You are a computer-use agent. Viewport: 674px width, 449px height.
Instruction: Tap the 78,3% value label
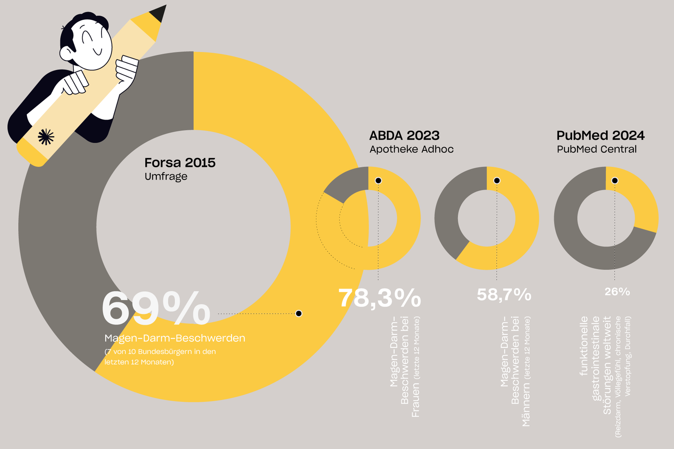[x=380, y=298]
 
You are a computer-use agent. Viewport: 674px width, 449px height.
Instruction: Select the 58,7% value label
[x=504, y=295]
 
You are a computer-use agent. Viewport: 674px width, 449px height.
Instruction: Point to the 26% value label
[x=617, y=292]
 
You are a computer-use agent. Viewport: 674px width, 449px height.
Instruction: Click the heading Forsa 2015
[x=180, y=163]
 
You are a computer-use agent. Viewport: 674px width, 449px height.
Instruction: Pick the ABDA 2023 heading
[x=404, y=136]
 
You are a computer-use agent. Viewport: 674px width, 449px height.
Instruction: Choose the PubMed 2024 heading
[x=600, y=136]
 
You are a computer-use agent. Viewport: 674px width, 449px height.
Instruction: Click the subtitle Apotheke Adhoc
[x=412, y=150]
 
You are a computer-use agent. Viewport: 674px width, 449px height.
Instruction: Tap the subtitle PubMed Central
[x=597, y=150]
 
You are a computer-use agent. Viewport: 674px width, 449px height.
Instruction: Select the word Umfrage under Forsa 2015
[x=166, y=176]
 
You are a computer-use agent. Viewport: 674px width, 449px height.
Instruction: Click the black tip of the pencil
[x=159, y=13]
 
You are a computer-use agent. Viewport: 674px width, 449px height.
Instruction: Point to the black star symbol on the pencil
[x=46, y=137]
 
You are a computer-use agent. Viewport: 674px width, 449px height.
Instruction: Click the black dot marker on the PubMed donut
[x=615, y=180]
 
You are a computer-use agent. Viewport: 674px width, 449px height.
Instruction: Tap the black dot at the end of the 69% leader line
[x=299, y=313]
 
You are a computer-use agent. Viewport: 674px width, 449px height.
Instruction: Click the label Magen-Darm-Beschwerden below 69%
[x=175, y=338]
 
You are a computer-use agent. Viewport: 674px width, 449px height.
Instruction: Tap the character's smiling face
[x=92, y=45]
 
